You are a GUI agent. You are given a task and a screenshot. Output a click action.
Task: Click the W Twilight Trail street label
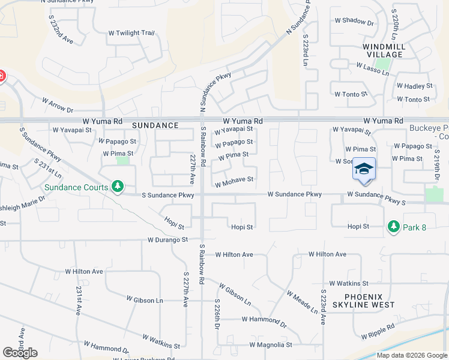point(131,33)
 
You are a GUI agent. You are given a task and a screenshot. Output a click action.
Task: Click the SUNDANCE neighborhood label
point(155,125)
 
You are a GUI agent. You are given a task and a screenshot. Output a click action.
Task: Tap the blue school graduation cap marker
point(364,169)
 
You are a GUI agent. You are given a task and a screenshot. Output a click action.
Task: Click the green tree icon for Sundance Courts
point(118,187)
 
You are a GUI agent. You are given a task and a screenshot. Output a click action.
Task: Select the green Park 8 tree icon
point(393,226)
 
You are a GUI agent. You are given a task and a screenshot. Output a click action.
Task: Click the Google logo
point(20,352)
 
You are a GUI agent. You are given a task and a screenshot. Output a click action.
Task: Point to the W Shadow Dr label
point(354,20)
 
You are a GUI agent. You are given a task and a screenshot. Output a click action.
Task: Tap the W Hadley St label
point(414,86)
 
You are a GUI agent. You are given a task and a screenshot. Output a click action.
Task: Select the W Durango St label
point(168,240)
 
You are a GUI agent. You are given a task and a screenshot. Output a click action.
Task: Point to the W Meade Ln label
point(302,302)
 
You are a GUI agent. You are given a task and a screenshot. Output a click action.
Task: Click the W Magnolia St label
point(271,345)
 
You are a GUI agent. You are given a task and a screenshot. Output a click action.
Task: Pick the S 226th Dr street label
point(216,314)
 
